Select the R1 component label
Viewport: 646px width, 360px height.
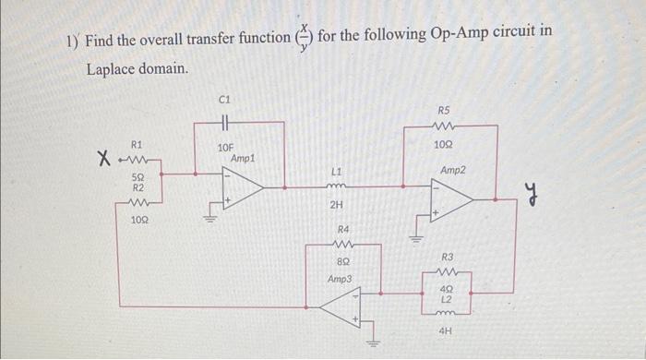point(138,144)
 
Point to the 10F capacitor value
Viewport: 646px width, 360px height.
point(225,148)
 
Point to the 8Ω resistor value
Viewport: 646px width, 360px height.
point(342,262)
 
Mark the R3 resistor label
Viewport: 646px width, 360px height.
point(448,256)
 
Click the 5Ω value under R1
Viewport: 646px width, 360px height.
point(138,175)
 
